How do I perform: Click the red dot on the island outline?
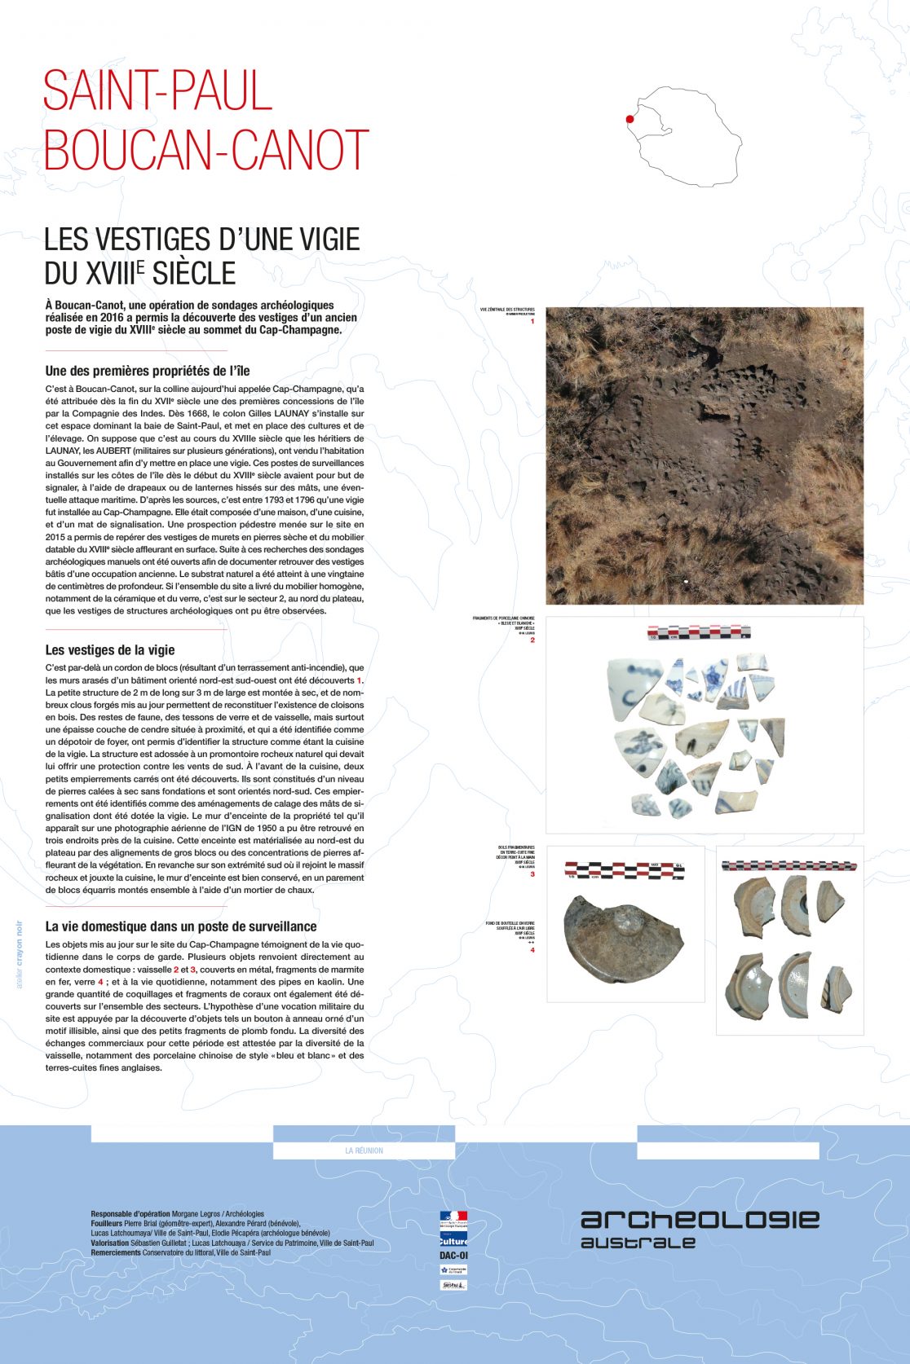629,119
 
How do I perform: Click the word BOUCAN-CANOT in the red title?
206,150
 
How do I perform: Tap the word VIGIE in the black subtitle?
325,240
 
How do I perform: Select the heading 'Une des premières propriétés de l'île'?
148,371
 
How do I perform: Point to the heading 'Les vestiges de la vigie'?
110,649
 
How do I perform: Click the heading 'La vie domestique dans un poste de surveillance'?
181,926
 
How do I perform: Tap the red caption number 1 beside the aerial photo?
532,321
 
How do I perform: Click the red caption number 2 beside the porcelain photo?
532,640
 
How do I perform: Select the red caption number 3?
532,874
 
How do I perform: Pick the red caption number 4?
532,950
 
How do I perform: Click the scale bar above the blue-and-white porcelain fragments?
699,631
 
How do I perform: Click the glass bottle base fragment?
621,938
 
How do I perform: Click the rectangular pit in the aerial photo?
714,414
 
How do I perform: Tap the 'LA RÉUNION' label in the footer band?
364,1151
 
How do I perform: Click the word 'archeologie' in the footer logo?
700,1219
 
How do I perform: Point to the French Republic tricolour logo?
453,1220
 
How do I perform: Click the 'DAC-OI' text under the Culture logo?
453,1256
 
